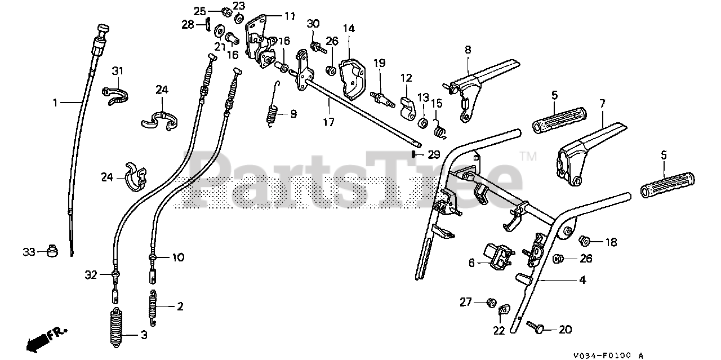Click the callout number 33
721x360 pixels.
pos(29,251)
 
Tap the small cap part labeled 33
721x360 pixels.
pos(54,250)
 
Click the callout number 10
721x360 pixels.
pos(177,257)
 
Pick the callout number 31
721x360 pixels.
pos(117,71)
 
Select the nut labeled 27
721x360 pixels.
pos(491,303)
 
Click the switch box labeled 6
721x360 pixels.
pos(497,255)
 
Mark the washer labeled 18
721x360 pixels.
pos(585,241)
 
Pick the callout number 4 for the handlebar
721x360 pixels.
pos(582,279)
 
